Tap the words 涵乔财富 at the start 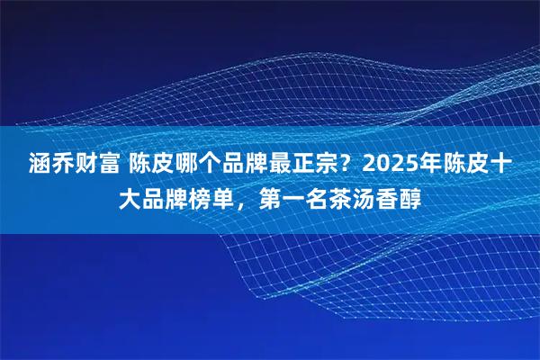click(62, 165)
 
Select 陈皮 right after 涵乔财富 click(141, 165)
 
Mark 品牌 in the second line click(164, 196)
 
